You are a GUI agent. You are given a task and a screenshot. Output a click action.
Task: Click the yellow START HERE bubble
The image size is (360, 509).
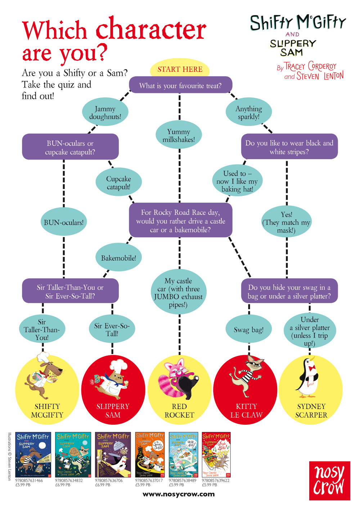pos(180,69)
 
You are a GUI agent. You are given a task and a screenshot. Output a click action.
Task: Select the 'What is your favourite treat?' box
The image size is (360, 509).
pos(180,86)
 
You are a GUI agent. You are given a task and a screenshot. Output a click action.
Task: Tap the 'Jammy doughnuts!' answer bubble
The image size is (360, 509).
pos(105,113)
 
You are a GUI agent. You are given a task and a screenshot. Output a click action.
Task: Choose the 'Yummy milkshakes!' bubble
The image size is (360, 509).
pos(179,136)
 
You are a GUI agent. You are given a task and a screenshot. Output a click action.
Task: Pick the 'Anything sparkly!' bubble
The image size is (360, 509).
pos(249,113)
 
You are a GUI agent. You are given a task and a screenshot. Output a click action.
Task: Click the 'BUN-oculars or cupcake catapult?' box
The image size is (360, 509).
pos(70,147)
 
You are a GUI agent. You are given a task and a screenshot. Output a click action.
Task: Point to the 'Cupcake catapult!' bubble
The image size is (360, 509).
pos(118,183)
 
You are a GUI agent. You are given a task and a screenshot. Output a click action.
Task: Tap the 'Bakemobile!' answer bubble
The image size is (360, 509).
pos(118,258)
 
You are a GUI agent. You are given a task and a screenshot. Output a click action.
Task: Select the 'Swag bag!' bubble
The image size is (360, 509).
pos(248,329)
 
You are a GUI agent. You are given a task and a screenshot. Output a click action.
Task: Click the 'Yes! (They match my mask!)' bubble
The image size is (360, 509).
pos(287,222)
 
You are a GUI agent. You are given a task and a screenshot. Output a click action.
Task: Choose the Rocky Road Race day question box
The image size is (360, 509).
pos(180,221)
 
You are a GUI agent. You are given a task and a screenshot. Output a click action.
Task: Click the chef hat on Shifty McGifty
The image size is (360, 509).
pos(43,357)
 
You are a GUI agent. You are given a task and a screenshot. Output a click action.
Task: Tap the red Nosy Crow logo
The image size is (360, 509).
pos(329,481)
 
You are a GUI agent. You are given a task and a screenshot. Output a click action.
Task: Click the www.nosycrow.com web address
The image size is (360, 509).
pos(179,494)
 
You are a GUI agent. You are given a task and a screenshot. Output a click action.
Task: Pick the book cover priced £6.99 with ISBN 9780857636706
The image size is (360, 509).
pos(113,455)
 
